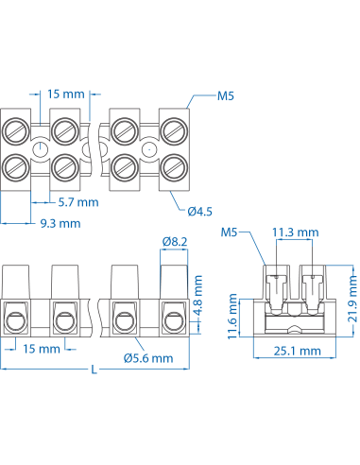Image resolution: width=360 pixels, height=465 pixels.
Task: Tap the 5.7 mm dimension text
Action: point(77,202)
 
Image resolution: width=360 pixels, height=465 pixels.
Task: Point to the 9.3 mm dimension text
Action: point(59,223)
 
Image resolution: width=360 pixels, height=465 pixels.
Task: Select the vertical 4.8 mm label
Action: point(198,292)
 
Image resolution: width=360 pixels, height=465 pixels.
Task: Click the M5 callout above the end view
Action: point(230,232)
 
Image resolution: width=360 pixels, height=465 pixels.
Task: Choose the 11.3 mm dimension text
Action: point(294,232)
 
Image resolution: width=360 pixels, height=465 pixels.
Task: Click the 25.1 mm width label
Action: point(297,350)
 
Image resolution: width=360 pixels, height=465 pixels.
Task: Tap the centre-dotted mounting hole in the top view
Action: point(147,149)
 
